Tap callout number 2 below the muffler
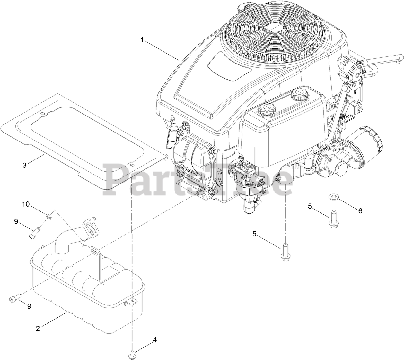coord(38,328)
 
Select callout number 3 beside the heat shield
coord(24,165)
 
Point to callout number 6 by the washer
coord(360,211)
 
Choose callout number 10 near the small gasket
coord(26,204)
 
